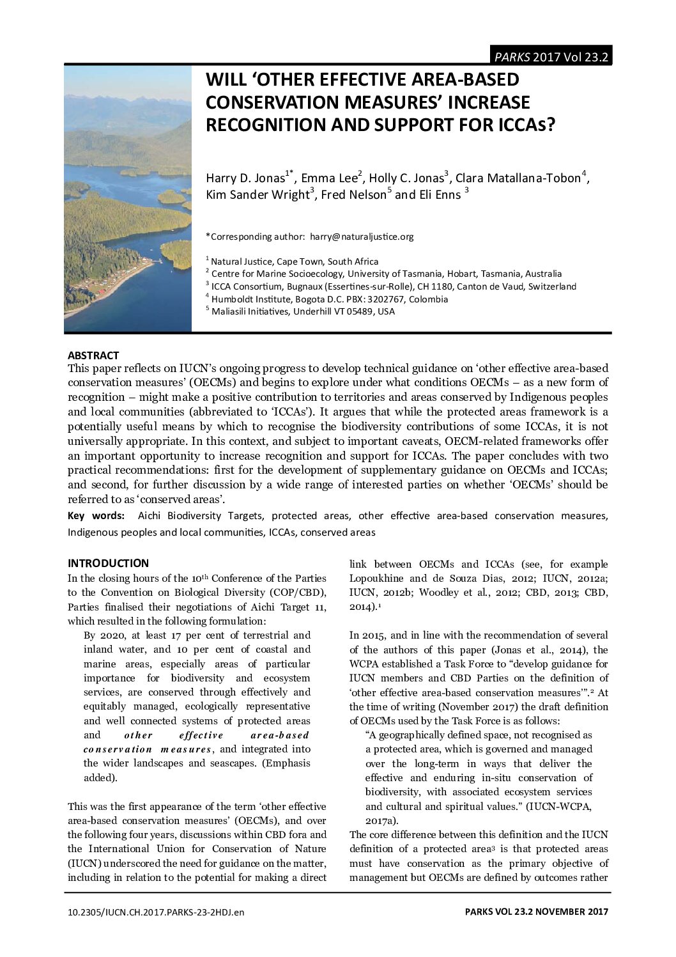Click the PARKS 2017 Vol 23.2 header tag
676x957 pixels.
coord(550,56)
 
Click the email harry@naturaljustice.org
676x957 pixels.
coord(362,237)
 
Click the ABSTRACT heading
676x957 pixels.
coord(93,355)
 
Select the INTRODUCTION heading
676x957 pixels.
coord(108,563)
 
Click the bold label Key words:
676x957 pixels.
coord(96,516)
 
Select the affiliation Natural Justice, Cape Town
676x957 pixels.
coord(295,261)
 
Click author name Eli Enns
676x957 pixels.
coord(440,195)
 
